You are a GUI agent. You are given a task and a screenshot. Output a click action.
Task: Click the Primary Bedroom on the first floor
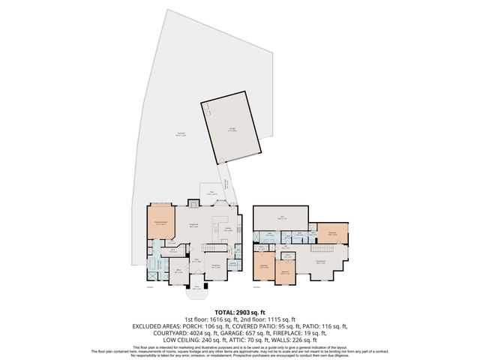click(x=160, y=223)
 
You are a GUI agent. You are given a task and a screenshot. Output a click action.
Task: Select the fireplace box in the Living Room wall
click(x=193, y=203)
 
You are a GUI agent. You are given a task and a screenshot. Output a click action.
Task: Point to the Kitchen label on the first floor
click(x=228, y=229)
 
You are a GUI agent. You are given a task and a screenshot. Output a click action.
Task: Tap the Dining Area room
click(x=215, y=265)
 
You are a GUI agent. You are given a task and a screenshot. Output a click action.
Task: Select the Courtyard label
click(x=160, y=135)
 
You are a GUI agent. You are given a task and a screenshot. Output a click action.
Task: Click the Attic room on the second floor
click(x=282, y=217)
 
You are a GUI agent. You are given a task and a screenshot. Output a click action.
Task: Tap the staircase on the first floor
click(x=217, y=247)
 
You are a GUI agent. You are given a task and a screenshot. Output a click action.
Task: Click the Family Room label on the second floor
click(x=320, y=261)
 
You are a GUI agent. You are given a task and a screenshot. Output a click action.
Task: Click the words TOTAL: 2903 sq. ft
click(x=239, y=311)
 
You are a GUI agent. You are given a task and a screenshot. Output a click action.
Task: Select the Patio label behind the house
click(x=212, y=193)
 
